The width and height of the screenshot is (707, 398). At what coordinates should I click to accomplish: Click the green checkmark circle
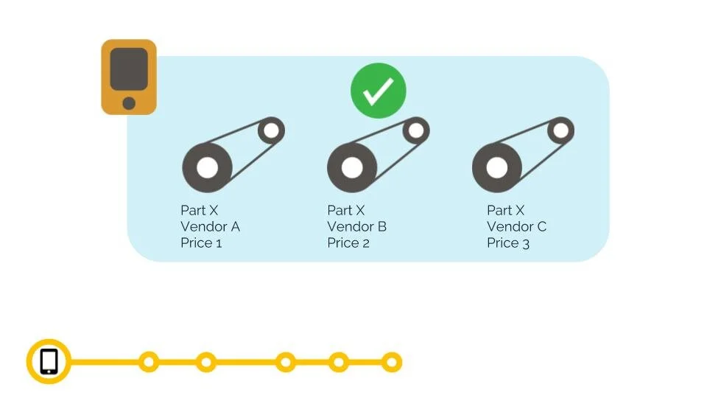click(x=378, y=91)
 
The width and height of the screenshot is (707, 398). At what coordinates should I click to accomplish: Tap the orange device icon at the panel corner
click(x=129, y=77)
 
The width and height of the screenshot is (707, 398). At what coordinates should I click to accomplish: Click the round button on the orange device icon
click(x=129, y=102)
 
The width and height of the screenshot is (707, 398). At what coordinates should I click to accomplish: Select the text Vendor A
click(x=210, y=226)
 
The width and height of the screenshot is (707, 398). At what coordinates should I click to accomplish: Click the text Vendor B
click(x=356, y=226)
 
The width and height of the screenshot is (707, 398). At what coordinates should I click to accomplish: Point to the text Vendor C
click(x=516, y=226)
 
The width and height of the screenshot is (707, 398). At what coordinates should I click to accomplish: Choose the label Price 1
click(x=201, y=242)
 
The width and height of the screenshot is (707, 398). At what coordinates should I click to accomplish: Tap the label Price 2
click(x=348, y=242)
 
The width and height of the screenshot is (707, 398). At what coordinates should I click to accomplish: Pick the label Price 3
click(x=508, y=242)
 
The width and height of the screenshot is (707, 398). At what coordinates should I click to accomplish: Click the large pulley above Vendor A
click(x=207, y=167)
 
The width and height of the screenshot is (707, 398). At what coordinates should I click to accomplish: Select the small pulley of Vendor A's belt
click(x=271, y=131)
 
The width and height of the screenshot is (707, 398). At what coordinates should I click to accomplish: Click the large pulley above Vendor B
click(x=352, y=167)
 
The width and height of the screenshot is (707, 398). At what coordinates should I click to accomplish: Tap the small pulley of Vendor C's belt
click(x=561, y=131)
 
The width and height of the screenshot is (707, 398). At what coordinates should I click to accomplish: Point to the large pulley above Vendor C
click(x=497, y=167)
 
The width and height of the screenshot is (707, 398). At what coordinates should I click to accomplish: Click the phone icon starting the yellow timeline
click(x=49, y=362)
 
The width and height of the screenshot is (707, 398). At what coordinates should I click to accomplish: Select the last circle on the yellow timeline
click(x=392, y=362)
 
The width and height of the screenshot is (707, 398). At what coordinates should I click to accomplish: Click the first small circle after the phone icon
click(x=149, y=362)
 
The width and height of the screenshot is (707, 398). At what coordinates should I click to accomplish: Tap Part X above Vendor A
click(x=200, y=210)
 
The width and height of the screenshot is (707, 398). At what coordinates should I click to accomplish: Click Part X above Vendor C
click(x=506, y=210)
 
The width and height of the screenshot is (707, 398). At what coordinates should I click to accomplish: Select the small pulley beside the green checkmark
click(x=416, y=131)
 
